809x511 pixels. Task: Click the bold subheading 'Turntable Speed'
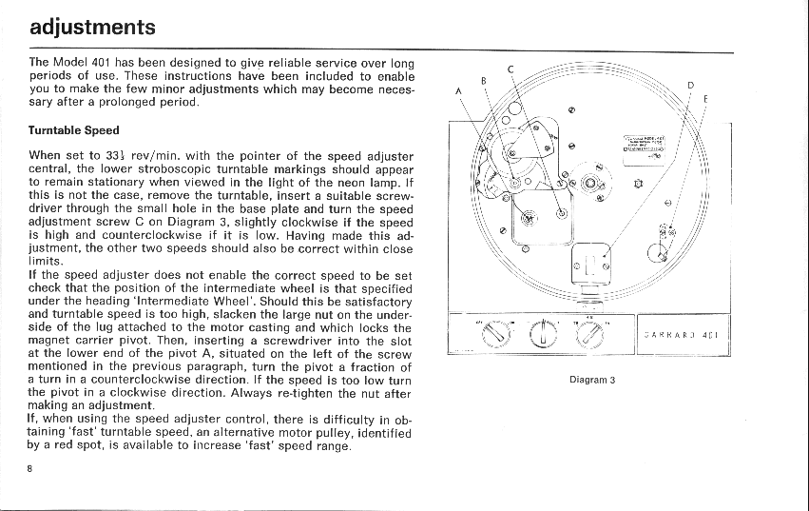[x=74, y=130]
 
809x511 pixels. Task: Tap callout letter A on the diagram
[x=458, y=91]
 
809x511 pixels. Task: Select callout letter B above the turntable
[x=483, y=80]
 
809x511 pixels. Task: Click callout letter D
[x=691, y=85]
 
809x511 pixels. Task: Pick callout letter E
[x=705, y=97]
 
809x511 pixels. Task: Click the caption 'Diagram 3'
[x=592, y=380]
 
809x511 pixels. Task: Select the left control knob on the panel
[x=494, y=333]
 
